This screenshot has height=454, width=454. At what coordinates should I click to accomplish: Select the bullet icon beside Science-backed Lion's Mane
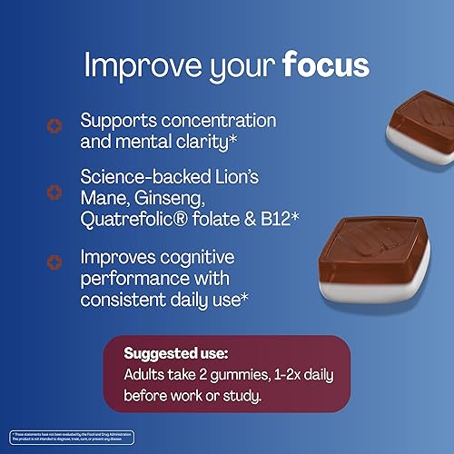click(x=54, y=192)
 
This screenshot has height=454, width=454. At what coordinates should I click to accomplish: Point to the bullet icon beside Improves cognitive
click(x=54, y=261)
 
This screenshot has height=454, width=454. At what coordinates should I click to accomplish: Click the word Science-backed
click(x=144, y=177)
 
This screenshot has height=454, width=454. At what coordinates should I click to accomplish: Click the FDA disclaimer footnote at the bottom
click(x=68, y=438)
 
